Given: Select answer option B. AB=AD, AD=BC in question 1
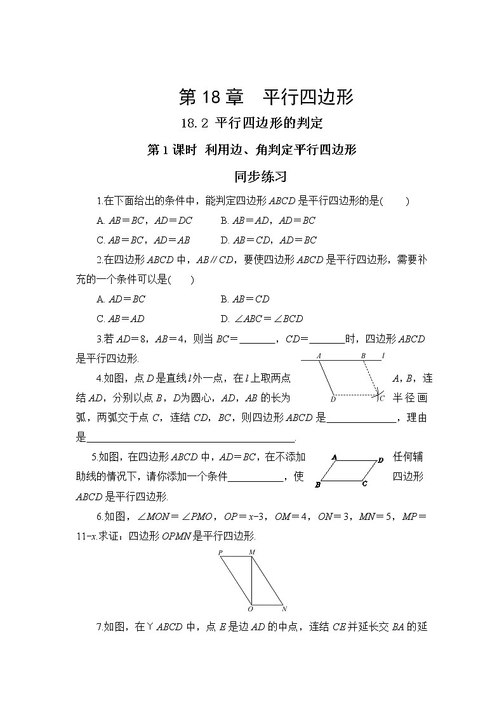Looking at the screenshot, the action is [x=268, y=221].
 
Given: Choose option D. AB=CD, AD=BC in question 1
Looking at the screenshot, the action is [x=269, y=240].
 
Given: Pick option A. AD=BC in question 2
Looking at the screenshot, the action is [x=121, y=299].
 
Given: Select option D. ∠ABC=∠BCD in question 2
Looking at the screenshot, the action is [x=262, y=318].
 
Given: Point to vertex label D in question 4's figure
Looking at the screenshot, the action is [x=333, y=399].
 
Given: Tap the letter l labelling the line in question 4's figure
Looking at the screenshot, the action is [x=384, y=356].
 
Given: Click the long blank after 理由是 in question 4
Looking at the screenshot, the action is [x=190, y=437].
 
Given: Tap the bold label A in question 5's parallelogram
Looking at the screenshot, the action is [x=335, y=456].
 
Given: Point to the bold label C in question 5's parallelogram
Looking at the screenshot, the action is [x=364, y=484].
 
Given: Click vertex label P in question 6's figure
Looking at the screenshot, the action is [x=220, y=552].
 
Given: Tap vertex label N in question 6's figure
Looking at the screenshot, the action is [x=284, y=609].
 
